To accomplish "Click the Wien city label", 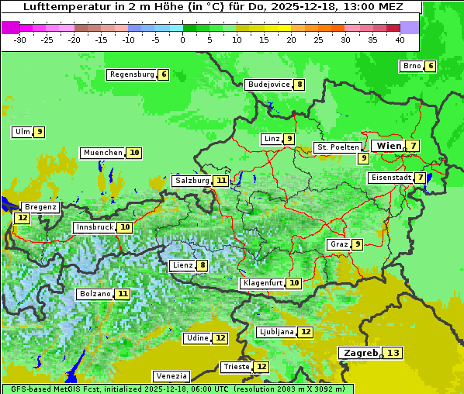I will pos(389,146).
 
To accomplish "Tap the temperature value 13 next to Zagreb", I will pos(393,353).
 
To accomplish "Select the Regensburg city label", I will pos(131,74).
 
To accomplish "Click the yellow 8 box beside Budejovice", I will pos(299,85).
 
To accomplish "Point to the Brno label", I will pos(411,66).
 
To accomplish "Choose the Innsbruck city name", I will pos(93,227).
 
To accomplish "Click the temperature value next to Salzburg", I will pos(221,181).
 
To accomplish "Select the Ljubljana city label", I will pos(275,332).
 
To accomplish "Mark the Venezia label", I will pos(170,375).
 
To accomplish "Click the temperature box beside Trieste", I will pos(261,367).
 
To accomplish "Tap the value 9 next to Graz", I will pos(357,244).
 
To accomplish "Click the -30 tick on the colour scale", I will pos(19,39).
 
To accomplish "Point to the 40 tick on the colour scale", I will pos(399,39).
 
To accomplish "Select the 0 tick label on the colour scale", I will pos(182,39).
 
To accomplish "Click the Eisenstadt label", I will pos(390,178).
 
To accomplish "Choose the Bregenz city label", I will pos(40,207).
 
